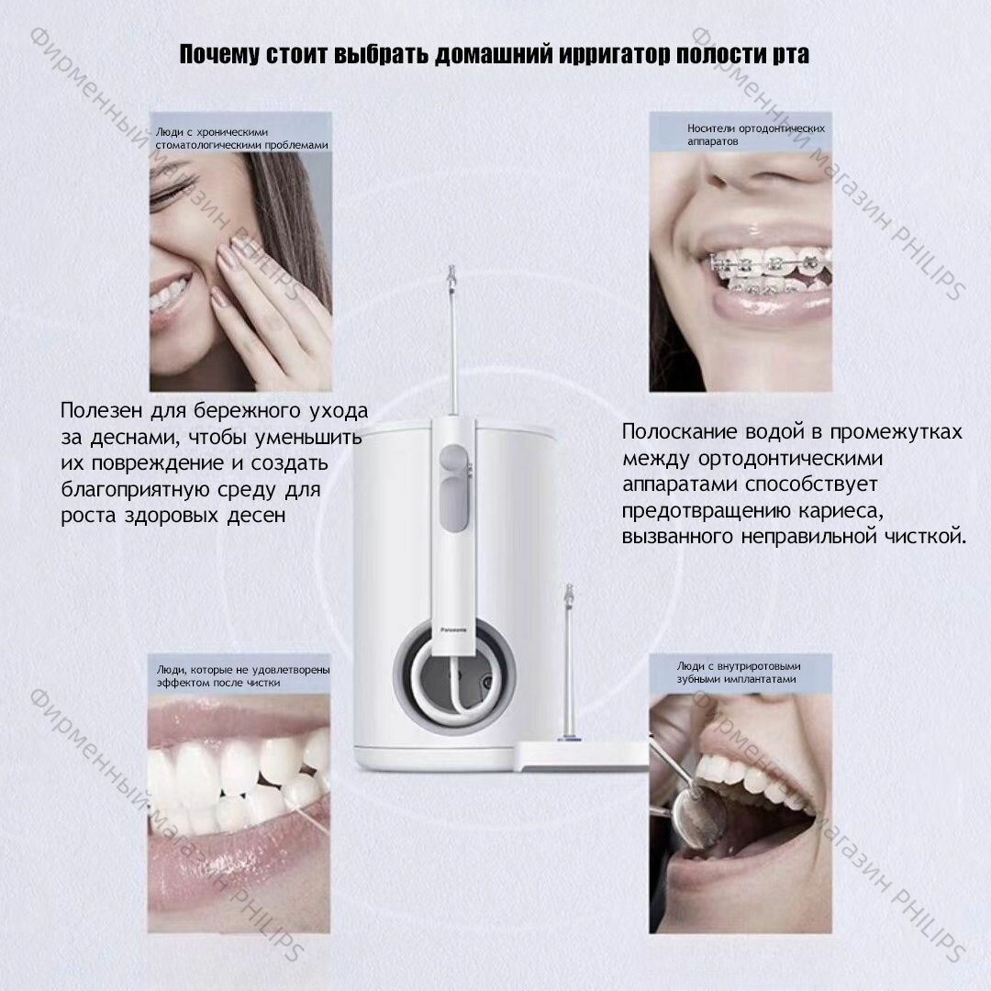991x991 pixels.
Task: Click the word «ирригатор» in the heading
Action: [607, 54]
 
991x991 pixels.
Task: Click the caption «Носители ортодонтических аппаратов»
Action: [756, 135]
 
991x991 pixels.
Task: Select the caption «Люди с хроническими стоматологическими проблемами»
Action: [242, 139]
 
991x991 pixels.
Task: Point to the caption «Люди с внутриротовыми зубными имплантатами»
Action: [738, 673]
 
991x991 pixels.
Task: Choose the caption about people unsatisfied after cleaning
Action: [243, 675]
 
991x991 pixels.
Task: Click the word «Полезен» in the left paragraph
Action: [102, 411]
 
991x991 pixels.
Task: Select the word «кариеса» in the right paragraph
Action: [840, 511]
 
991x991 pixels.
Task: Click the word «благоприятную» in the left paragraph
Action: [136, 490]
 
